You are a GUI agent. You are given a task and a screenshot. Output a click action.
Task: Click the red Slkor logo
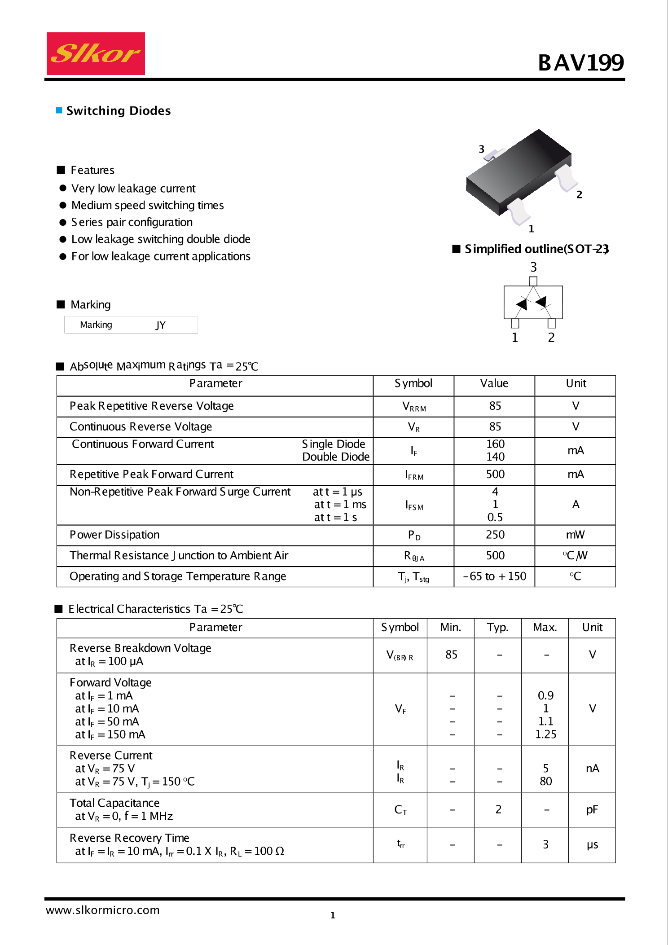point(96,54)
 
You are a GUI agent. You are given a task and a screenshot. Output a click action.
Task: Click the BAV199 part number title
point(580,62)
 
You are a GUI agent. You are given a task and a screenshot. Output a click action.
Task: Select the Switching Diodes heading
point(119,111)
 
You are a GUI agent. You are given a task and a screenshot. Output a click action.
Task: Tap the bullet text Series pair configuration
point(132,222)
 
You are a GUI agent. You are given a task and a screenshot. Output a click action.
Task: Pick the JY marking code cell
point(161,325)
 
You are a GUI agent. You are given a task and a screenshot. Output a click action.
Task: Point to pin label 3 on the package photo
point(481,149)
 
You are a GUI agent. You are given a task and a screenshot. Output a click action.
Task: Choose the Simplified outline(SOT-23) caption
point(536,249)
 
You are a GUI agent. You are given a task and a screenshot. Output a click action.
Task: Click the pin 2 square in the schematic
point(552,323)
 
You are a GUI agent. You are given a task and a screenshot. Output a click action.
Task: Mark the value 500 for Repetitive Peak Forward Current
point(495,475)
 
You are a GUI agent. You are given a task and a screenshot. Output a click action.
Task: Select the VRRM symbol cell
point(413,407)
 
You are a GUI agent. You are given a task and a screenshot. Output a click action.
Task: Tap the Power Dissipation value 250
point(495,535)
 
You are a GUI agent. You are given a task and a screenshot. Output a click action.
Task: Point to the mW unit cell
point(575,535)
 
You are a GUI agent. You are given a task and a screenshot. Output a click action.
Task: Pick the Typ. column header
point(497,628)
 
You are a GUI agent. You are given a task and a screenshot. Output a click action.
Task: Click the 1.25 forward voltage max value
point(545,734)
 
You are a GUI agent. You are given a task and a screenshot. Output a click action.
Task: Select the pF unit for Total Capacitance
point(592,810)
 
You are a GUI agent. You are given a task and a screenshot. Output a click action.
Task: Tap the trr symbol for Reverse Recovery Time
point(400,844)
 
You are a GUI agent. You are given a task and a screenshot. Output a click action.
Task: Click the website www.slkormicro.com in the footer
point(103,910)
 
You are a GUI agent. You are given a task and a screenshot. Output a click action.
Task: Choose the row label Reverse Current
point(111,756)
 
